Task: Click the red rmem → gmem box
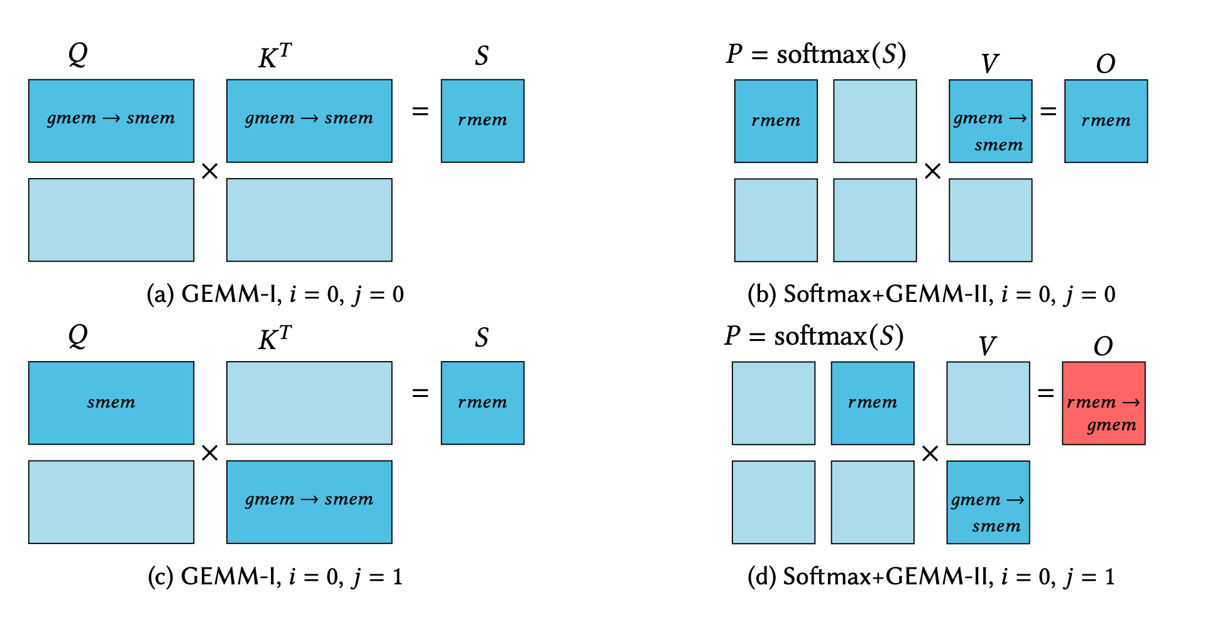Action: point(1104,403)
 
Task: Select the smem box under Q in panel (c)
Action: point(111,403)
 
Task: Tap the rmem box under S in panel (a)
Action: point(483,121)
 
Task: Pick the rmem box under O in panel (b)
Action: point(1106,121)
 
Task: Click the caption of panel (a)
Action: point(275,294)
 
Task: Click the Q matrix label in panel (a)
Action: point(78,55)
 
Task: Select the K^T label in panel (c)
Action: point(275,338)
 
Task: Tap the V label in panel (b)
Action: point(990,64)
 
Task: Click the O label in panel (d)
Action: point(1103,346)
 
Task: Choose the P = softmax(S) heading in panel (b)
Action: point(816,55)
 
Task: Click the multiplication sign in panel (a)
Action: point(210,171)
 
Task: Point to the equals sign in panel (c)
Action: point(420,393)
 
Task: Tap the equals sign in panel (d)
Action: point(1045,393)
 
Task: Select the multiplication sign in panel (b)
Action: point(933,171)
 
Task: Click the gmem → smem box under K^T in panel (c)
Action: point(309,502)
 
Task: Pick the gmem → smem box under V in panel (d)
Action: point(988,502)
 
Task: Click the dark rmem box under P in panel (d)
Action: point(873,403)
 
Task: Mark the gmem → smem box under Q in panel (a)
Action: point(111,121)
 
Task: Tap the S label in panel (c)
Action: point(482,338)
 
